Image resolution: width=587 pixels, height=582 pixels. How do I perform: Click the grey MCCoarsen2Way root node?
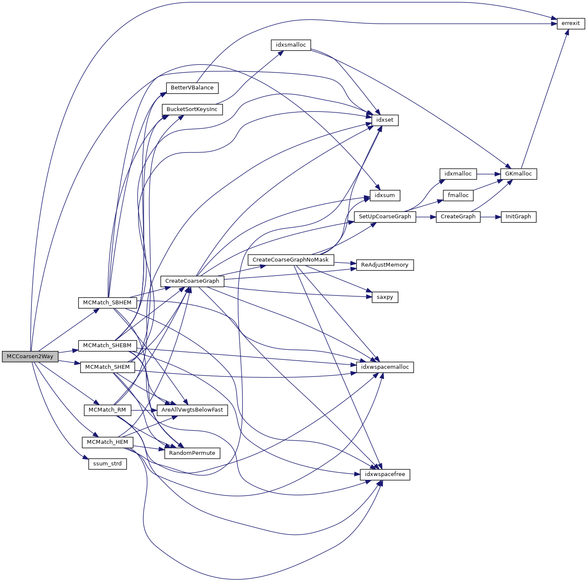pos(30,356)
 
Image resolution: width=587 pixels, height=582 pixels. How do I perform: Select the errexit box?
pos(570,23)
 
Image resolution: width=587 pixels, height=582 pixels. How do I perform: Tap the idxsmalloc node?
pos(291,45)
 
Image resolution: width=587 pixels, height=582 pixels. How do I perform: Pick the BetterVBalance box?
pos(192,88)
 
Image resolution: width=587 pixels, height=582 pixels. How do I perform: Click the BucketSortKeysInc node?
pos(192,109)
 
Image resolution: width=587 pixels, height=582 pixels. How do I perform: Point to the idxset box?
pos(385,120)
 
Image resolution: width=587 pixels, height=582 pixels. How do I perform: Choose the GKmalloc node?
pos(518,174)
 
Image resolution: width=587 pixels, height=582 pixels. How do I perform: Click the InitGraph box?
pos(518,217)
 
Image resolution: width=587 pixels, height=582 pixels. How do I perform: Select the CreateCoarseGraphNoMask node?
pos(291,260)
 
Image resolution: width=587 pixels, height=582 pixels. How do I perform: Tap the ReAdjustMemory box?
pos(385,265)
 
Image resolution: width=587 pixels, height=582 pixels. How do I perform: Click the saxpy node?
pos(385,297)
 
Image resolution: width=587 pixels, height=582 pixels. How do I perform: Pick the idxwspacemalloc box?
pos(385,367)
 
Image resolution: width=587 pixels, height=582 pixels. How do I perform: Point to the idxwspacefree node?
pos(385,474)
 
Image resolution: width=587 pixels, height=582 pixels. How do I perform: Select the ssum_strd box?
pos(107,464)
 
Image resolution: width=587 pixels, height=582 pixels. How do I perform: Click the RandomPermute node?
pos(192,453)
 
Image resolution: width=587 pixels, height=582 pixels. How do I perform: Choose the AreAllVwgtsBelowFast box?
pos(192,410)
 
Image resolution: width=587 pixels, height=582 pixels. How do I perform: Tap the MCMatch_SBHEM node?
pos(107,303)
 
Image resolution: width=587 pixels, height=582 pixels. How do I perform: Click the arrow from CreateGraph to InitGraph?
pos(490,217)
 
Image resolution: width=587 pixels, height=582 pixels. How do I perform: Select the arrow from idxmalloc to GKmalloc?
pos(488,174)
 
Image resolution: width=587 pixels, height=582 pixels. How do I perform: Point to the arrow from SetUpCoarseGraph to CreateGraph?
pos(426,217)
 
